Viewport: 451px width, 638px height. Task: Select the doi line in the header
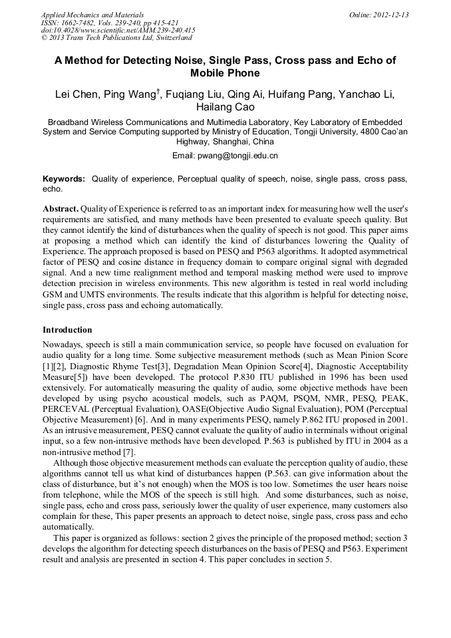tap(118, 30)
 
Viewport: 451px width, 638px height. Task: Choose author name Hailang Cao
tap(225, 107)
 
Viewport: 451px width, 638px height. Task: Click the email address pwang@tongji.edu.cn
tap(237, 156)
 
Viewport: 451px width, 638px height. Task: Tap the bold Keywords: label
tap(64, 179)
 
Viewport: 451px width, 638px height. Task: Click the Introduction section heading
tap(67, 330)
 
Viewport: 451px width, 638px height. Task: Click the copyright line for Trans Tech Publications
tap(116, 38)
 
